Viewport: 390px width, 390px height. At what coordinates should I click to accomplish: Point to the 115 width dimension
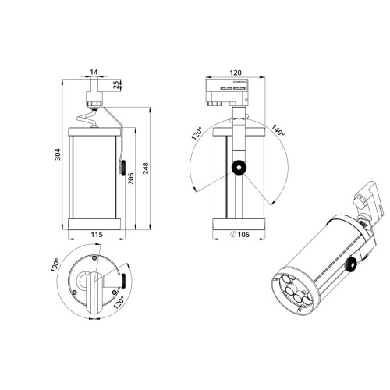coord(96,234)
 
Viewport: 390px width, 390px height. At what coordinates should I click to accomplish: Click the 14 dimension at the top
coord(94,73)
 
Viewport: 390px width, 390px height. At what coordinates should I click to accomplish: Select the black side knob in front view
coord(122,166)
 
